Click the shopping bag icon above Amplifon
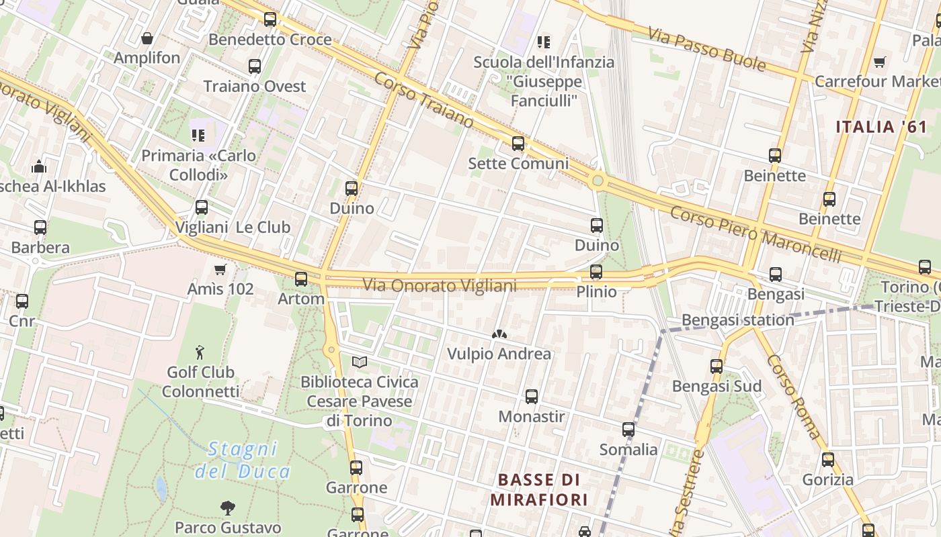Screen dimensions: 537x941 point(147,38)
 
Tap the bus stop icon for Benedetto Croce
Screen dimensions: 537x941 point(270,19)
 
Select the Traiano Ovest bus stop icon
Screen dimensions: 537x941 point(255,66)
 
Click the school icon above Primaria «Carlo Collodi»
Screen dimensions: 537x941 point(198,136)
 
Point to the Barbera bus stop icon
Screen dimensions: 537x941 point(40,228)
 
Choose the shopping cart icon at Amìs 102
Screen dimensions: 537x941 point(220,270)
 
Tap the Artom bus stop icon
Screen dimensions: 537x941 point(301,279)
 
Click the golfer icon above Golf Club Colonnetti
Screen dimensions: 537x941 point(200,352)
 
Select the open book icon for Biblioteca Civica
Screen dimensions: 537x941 point(360,362)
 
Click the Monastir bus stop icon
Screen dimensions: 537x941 point(532,397)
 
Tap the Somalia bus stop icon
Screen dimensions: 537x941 point(628,430)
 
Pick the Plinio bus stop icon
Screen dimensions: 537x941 point(596,272)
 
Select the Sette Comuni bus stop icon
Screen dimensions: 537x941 point(518,144)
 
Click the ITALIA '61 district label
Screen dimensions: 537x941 point(881,126)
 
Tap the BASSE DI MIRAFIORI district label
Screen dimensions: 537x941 point(539,489)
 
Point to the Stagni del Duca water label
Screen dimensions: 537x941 point(242,459)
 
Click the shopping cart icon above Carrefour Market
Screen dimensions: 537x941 point(879,62)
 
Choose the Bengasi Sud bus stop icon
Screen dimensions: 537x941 point(717,367)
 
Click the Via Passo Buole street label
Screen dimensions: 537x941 point(708,49)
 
